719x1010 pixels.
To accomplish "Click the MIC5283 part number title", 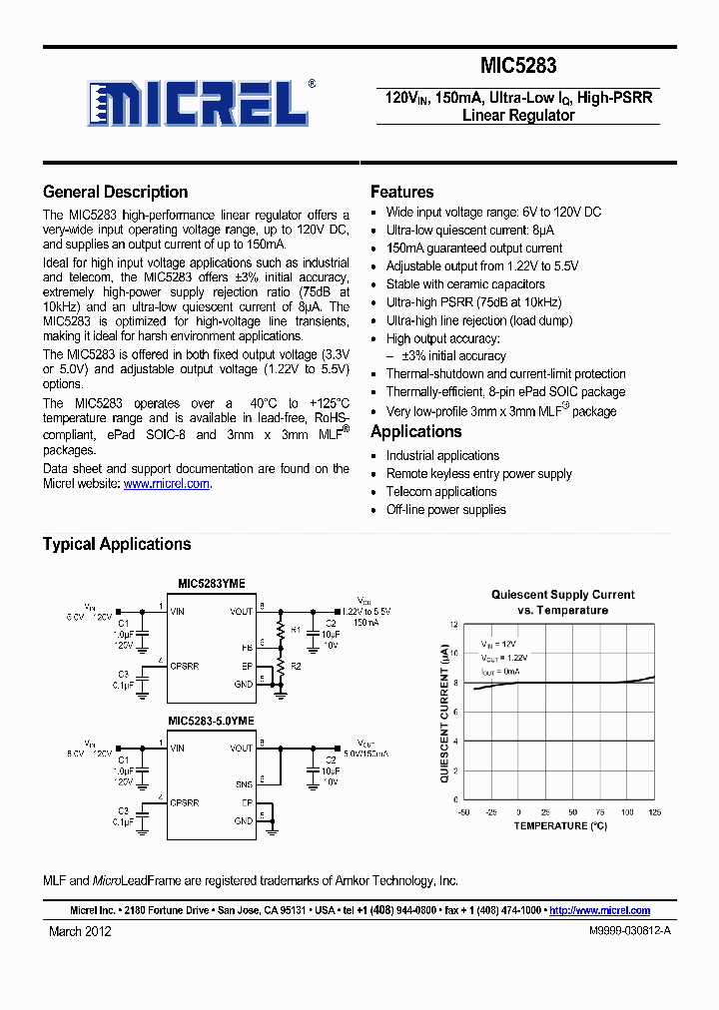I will (x=518, y=67).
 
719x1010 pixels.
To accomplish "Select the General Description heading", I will (x=115, y=193).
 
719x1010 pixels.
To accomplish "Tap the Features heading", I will (x=401, y=193).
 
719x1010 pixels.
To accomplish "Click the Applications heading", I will (x=415, y=432).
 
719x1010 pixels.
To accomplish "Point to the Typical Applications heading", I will (x=117, y=544).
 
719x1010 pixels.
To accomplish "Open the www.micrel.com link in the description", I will (x=167, y=484).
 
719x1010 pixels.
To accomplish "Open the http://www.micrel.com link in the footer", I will (x=599, y=910).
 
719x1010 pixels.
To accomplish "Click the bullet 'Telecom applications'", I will (x=441, y=492).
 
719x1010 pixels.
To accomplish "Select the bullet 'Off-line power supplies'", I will (x=445, y=510).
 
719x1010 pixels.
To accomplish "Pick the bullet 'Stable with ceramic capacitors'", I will (x=465, y=284).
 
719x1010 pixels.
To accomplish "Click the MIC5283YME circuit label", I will (x=212, y=584).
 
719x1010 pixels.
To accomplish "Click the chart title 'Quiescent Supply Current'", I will (x=562, y=595).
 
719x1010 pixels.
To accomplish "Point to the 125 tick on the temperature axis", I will (x=654, y=812).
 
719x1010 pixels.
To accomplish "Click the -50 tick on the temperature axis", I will (x=463, y=812).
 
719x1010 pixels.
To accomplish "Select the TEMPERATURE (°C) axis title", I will (x=559, y=826).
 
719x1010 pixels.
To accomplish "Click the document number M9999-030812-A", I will (x=624, y=931).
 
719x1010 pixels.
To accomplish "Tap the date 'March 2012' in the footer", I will (x=80, y=931).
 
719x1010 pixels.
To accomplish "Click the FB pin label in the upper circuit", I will (x=247, y=646).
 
